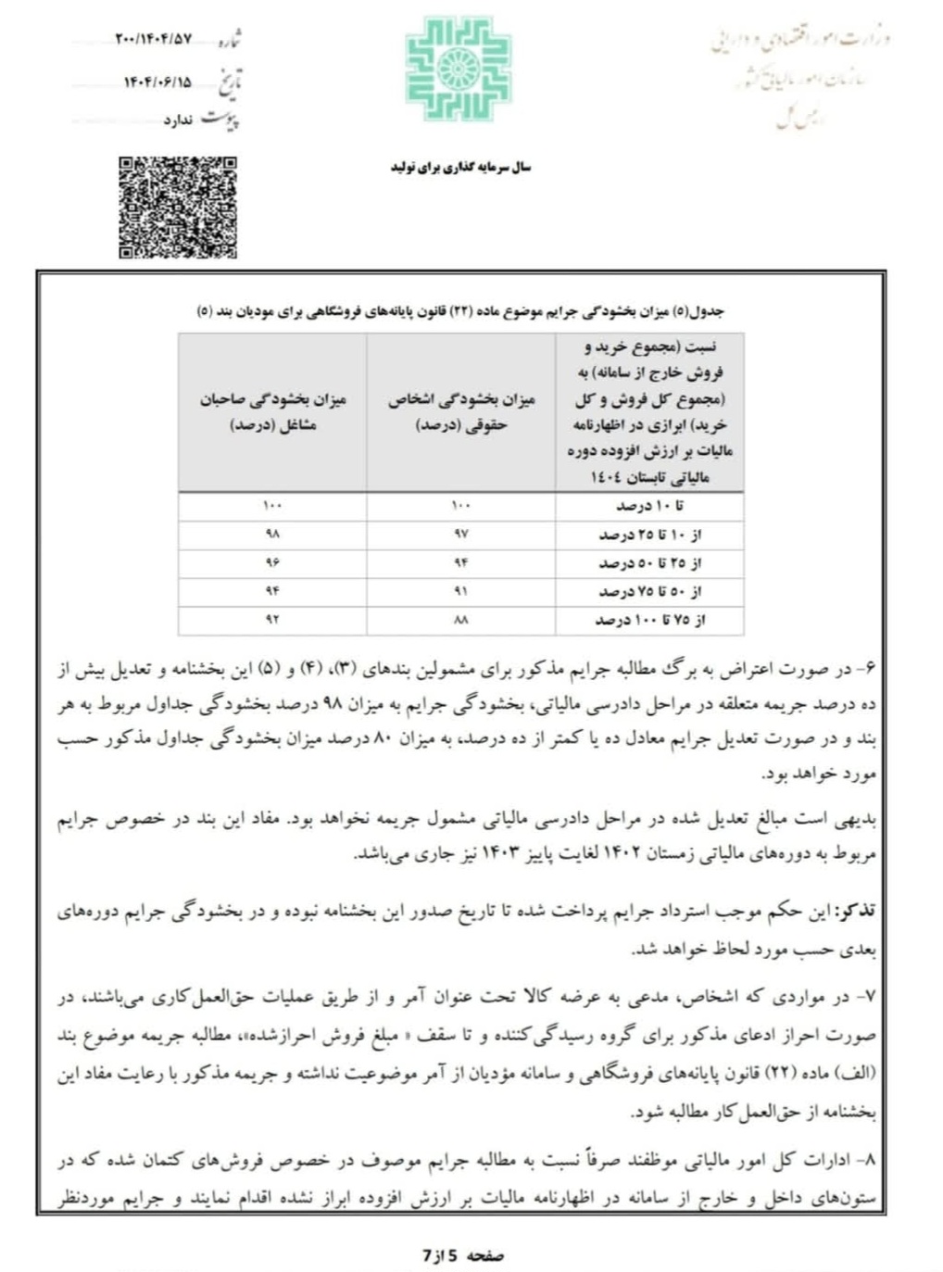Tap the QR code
(177, 208)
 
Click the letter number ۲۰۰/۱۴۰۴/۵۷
(154, 39)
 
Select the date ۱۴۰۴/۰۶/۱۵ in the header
(157, 82)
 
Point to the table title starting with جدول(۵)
(460, 311)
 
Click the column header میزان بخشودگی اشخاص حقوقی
(461, 412)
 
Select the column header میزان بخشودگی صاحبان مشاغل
(272, 412)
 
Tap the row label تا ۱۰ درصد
(649, 507)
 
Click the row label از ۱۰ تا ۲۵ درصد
(649, 535)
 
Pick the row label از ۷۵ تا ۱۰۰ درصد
(649, 619)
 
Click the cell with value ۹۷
(461, 535)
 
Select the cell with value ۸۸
(461, 619)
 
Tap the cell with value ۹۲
(272, 619)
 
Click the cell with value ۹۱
(461, 591)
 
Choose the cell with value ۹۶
(272, 562)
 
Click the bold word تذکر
(855, 912)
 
